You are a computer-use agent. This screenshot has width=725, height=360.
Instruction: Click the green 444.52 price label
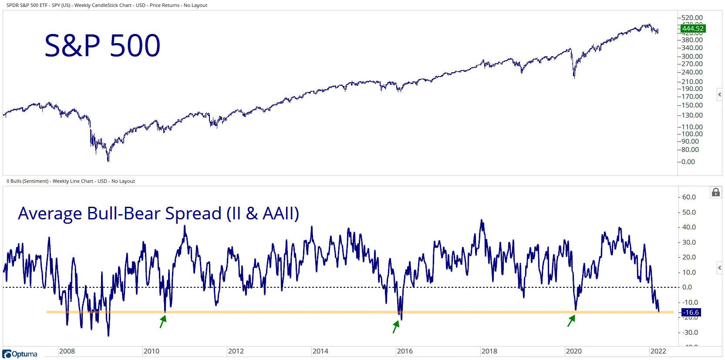tap(692, 29)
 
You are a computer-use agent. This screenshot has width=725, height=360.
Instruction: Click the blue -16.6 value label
tap(691, 313)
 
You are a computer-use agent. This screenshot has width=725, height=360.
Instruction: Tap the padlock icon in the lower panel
tap(715, 192)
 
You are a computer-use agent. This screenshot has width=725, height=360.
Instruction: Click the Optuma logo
tap(20, 354)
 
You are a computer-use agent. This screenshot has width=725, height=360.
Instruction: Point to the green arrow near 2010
tap(163, 322)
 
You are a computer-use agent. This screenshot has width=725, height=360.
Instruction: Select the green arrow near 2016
tap(396, 326)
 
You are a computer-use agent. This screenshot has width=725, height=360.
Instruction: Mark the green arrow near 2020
tap(571, 321)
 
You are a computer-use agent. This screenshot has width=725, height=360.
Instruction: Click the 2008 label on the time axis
tap(67, 351)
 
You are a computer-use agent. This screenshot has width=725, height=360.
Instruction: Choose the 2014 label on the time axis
tap(320, 351)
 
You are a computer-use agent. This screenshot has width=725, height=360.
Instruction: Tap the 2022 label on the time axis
tap(658, 351)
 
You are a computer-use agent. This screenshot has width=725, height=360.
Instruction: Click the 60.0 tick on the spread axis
tap(689, 197)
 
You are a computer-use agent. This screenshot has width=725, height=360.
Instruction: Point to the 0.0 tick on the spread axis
tap(687, 287)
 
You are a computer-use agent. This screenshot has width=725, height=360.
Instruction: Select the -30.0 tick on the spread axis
tap(690, 333)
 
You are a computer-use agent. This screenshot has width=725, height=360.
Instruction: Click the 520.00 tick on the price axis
tap(692, 18)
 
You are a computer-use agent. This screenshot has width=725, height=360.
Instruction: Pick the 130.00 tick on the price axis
tap(692, 115)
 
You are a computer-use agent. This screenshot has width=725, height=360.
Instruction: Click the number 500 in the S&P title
tap(135, 46)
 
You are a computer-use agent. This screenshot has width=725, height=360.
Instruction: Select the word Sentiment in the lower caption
tap(35, 181)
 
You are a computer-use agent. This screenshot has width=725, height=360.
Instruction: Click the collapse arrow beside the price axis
tap(719, 94)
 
